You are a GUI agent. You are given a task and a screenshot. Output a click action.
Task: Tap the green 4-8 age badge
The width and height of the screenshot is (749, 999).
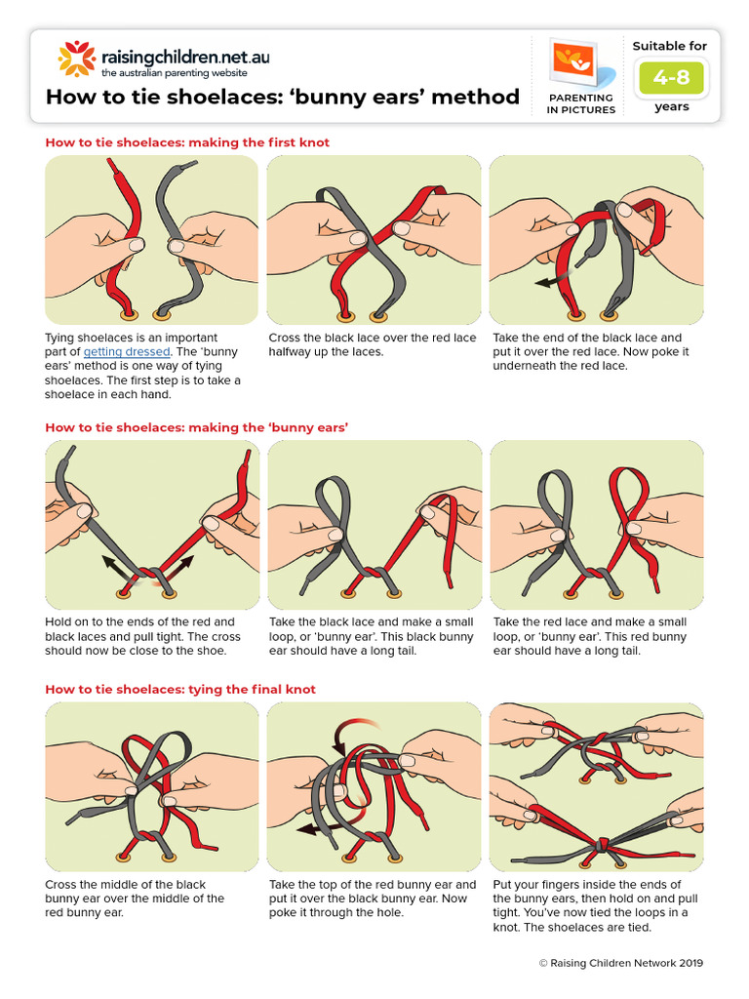(x=672, y=77)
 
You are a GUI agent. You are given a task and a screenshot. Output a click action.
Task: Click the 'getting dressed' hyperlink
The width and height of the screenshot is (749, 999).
(x=127, y=352)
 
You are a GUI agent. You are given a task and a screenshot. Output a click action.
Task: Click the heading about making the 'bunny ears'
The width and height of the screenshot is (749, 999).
(x=196, y=427)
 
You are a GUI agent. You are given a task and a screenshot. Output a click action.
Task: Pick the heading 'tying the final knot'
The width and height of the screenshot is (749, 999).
(x=180, y=689)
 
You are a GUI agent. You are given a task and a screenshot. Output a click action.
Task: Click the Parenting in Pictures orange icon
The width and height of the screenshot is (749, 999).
(x=579, y=64)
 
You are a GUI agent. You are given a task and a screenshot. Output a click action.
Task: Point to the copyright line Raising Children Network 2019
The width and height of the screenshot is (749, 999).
(x=619, y=963)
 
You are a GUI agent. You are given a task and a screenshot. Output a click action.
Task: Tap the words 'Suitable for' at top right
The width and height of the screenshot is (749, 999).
(x=670, y=46)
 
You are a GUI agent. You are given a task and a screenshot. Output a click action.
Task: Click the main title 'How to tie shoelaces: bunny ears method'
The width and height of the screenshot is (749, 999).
(x=283, y=97)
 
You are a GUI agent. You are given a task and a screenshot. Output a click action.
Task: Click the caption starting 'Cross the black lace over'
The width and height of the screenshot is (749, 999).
(x=373, y=344)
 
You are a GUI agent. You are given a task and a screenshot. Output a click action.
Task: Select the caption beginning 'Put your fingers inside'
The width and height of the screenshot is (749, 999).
(x=596, y=905)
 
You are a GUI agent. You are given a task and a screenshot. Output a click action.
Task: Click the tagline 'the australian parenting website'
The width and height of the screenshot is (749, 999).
(x=175, y=73)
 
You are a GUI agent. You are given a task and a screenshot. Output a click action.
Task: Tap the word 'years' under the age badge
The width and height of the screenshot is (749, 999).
(x=671, y=107)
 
